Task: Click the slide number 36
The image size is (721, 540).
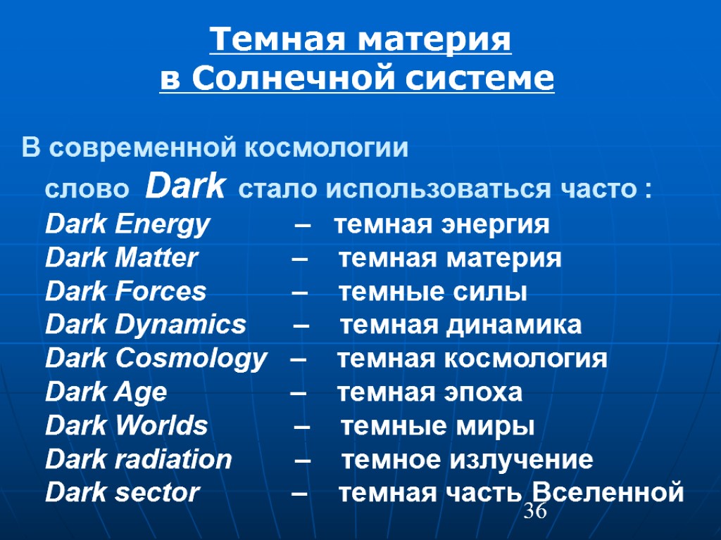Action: tap(535, 512)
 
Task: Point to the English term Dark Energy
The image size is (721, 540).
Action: tap(127, 225)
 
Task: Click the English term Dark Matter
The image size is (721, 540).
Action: tap(121, 259)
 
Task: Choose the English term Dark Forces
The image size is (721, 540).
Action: tap(125, 292)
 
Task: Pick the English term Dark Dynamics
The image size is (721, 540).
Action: tap(146, 326)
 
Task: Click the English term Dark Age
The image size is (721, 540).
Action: tap(106, 392)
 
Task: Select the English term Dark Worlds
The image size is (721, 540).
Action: tap(127, 426)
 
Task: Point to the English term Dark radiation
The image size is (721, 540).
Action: tap(139, 460)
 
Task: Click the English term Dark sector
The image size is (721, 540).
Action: tap(123, 493)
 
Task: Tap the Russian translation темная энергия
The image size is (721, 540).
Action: tap(441, 225)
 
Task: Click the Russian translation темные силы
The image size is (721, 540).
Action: tap(432, 292)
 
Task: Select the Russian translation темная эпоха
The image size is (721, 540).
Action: tap(430, 392)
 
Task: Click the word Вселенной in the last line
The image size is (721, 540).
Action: tap(608, 492)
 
